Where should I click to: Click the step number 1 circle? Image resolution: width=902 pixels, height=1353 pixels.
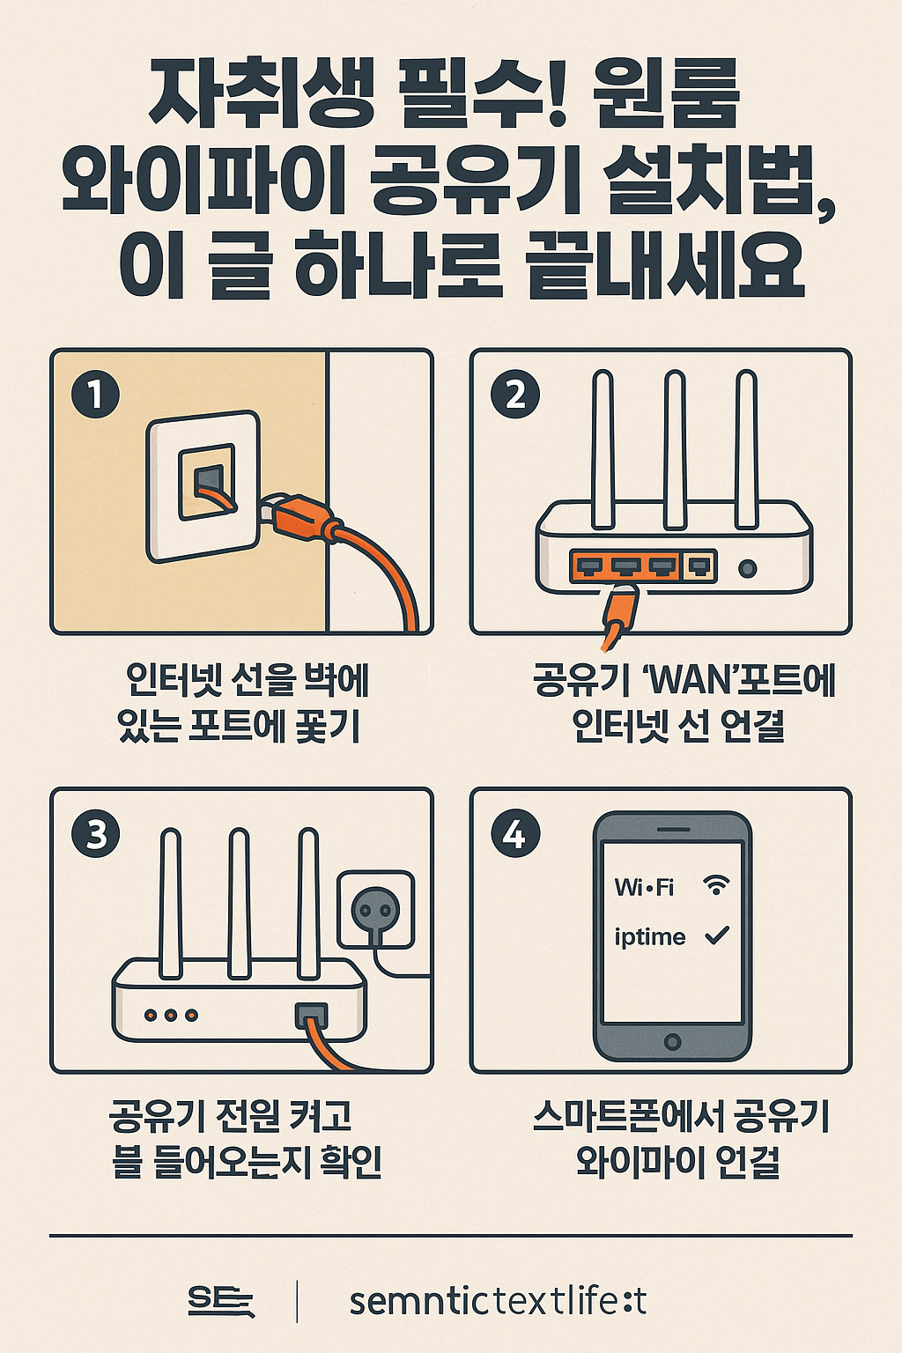[x=95, y=395]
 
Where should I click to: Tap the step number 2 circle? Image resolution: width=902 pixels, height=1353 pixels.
[x=515, y=395]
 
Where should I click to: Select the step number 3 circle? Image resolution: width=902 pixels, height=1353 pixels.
[x=96, y=833]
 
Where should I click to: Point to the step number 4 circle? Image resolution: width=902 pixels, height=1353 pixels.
[x=515, y=833]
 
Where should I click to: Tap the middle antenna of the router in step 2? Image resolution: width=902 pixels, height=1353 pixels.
[x=675, y=450]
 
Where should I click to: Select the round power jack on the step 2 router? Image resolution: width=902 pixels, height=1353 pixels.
[x=747, y=568]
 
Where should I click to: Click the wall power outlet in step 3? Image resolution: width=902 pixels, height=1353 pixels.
[x=376, y=909]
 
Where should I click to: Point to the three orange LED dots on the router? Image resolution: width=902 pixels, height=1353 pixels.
[x=171, y=1016]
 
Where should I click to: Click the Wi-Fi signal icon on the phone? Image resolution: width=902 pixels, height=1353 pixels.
[x=717, y=885]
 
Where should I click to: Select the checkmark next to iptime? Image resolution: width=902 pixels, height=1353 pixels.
[x=717, y=935]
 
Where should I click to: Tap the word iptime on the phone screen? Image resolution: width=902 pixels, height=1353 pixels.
[x=649, y=937]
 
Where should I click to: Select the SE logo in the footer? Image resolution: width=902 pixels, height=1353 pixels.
[x=220, y=1301]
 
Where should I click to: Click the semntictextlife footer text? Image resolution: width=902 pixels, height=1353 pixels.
[x=498, y=1301]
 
